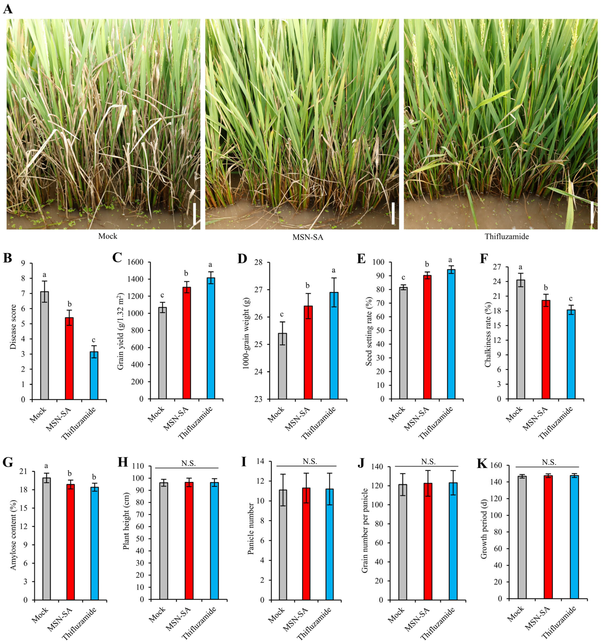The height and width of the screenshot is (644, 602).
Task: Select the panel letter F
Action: click(x=483, y=258)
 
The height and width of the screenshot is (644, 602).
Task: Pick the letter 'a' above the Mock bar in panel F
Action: click(x=521, y=267)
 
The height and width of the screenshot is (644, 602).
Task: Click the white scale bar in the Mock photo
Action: click(x=195, y=214)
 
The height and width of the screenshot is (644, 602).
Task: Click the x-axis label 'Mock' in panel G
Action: click(x=40, y=615)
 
